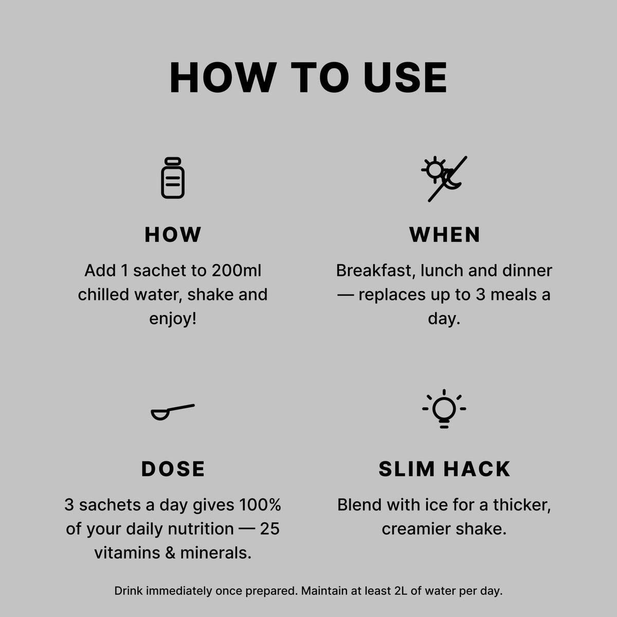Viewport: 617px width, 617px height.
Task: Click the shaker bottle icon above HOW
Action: point(173,178)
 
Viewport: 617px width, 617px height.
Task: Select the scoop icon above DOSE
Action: point(173,412)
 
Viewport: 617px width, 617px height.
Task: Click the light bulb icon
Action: point(444,409)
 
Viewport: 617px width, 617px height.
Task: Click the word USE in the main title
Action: point(405,78)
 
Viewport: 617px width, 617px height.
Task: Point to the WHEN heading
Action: point(444,234)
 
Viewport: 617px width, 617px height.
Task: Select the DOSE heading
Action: point(173,469)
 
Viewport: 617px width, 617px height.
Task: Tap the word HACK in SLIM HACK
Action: point(477,469)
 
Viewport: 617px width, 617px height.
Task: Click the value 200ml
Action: point(237,270)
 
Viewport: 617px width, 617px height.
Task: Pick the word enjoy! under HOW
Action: point(173,319)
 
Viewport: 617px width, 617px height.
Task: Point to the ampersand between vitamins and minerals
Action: point(170,553)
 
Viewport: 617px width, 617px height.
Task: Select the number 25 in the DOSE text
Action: point(269,529)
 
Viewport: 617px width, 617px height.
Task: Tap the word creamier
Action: point(416,529)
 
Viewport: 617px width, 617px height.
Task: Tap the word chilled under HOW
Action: point(104,295)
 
